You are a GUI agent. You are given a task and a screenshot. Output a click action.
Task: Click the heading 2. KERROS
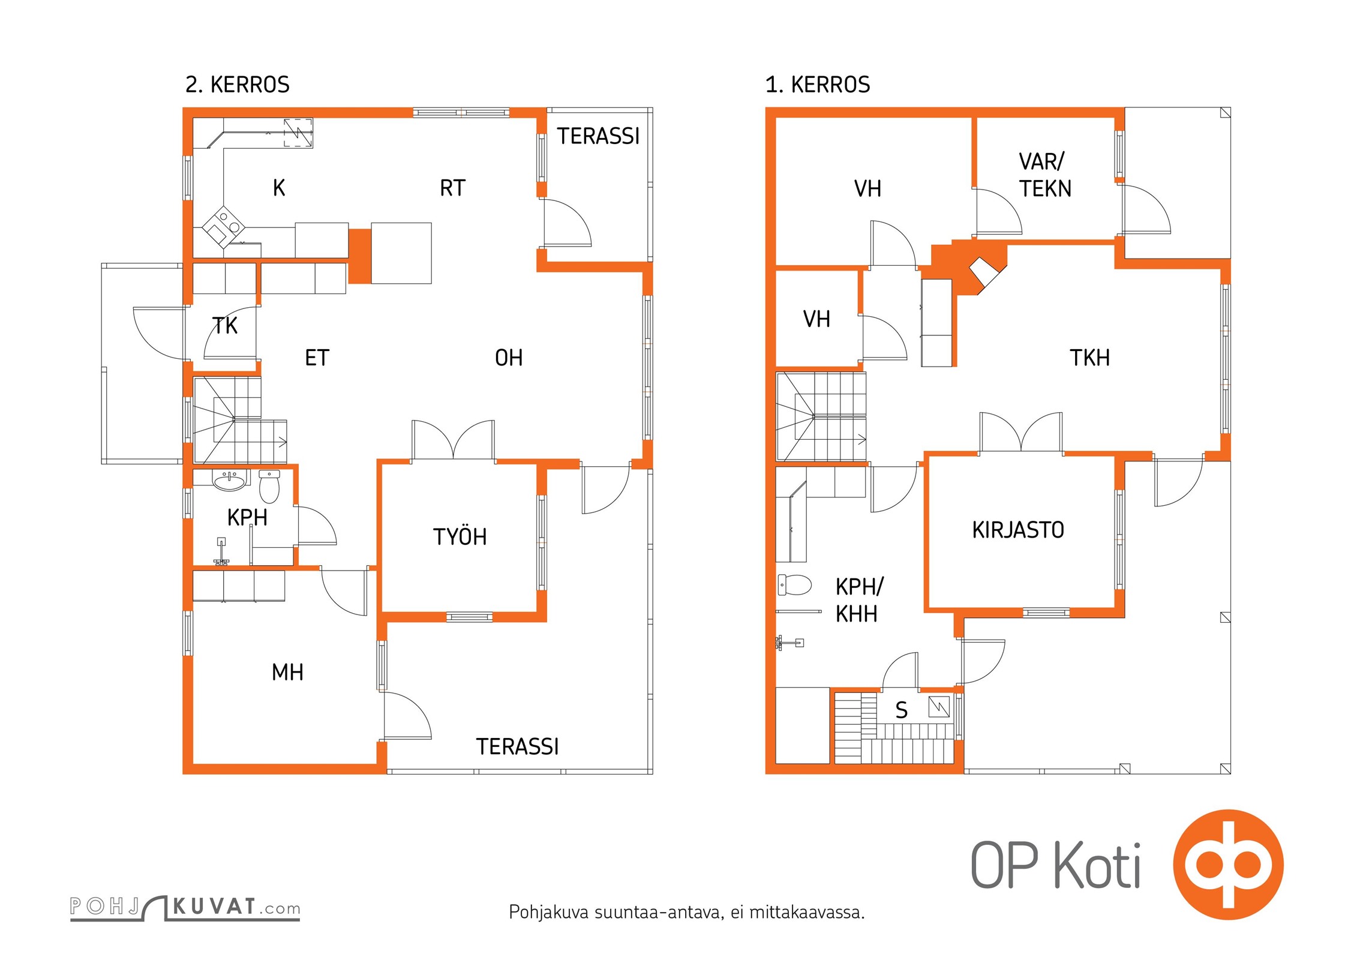[x=237, y=85]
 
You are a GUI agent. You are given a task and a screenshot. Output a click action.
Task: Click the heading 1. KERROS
[x=817, y=85]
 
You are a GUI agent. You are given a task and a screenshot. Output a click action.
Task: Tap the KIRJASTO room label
[x=1017, y=530]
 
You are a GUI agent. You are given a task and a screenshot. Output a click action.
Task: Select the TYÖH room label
[x=460, y=537]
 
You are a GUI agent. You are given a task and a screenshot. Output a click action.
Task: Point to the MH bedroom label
[x=287, y=673]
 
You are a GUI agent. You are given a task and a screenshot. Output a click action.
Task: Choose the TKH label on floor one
[x=1089, y=358]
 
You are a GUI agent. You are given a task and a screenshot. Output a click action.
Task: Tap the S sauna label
[x=901, y=710]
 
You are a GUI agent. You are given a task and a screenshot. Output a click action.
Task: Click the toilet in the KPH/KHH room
[x=794, y=585]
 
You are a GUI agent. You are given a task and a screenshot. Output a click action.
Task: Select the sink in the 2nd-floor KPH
[x=230, y=480]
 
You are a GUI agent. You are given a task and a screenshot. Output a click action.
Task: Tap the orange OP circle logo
[x=1228, y=865]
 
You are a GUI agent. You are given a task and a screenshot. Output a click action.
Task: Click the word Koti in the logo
[x=1097, y=866]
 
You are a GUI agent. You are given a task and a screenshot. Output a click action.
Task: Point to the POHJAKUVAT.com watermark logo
[x=185, y=907]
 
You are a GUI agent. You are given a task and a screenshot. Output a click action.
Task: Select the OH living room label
[x=508, y=358]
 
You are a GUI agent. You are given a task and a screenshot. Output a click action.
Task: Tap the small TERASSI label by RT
[x=598, y=137]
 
